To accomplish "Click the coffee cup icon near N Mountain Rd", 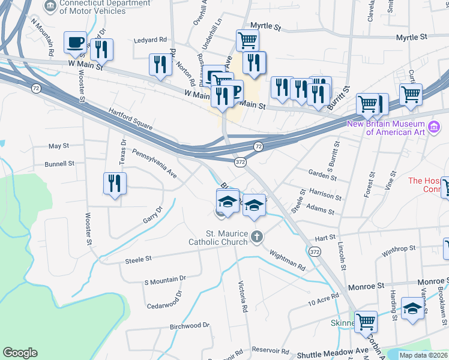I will tap(75, 42).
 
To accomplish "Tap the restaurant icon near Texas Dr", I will tap(114, 184).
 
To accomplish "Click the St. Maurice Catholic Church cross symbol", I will tap(258, 236).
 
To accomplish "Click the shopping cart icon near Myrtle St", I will tap(247, 40).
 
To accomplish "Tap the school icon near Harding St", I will tap(412, 308).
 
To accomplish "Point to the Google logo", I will tap(20, 353).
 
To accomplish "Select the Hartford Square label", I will tap(131, 118).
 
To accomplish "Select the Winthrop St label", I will tap(399, 248).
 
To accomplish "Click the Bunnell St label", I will tap(59, 163).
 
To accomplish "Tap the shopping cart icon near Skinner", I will tap(365, 322).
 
